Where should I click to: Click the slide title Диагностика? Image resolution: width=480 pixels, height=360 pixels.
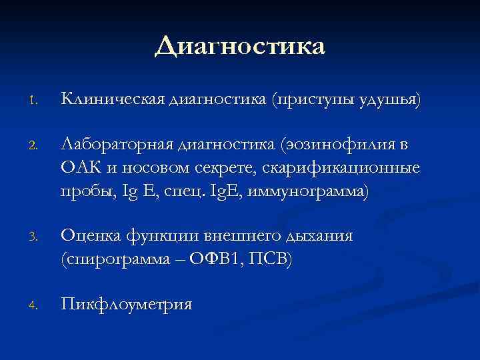[x=240, y=47]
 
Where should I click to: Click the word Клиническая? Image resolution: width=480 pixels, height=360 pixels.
[x=113, y=100]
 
